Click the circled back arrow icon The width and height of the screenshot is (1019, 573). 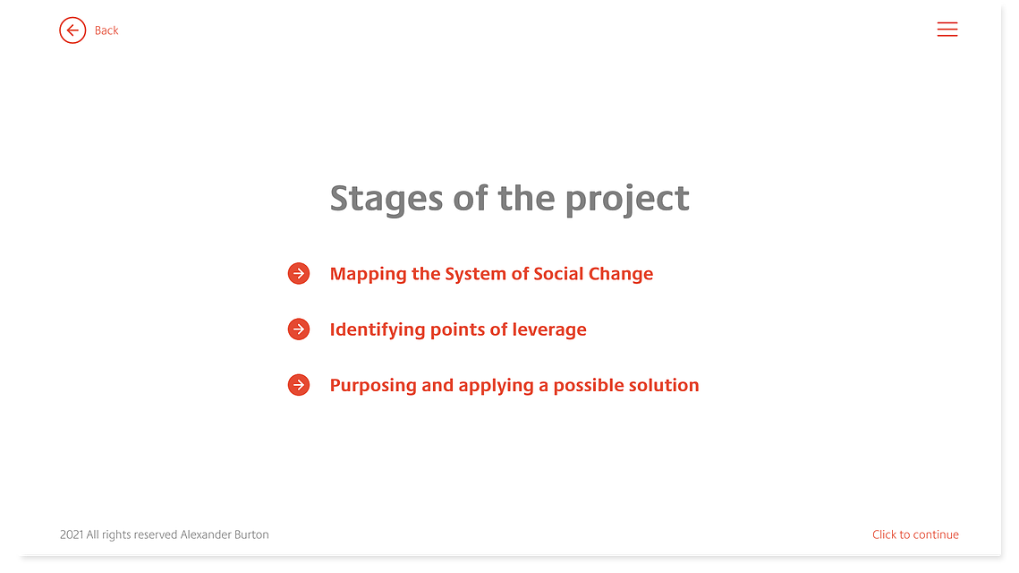click(72, 30)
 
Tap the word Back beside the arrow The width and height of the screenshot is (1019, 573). click(106, 30)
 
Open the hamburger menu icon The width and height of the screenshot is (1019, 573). click(947, 30)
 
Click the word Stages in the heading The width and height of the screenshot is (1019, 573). click(386, 199)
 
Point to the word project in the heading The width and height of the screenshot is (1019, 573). click(627, 199)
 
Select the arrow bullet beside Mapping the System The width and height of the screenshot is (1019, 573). click(299, 274)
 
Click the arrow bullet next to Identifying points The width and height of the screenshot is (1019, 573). click(299, 329)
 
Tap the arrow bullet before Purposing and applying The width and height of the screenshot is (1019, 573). click(299, 385)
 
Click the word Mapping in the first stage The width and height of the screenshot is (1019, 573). click(368, 275)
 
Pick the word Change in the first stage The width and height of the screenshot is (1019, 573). click(621, 275)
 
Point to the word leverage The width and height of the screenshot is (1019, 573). click(549, 330)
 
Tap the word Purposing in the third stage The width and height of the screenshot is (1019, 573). click(373, 387)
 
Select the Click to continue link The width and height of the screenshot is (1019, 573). click(915, 535)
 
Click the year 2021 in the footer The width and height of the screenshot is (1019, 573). click(72, 535)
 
